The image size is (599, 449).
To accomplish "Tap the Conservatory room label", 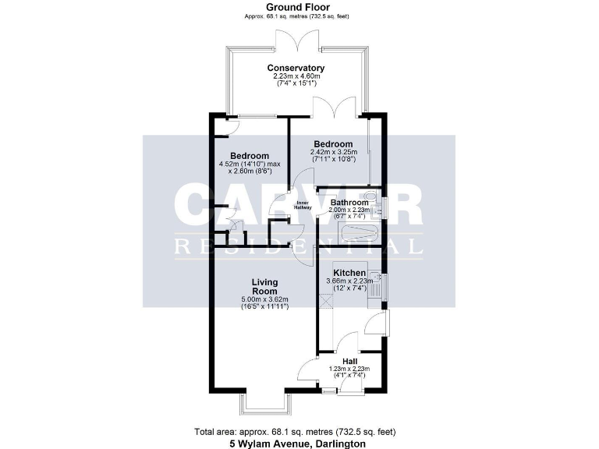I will (x=296, y=68).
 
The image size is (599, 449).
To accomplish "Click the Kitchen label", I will (x=349, y=274).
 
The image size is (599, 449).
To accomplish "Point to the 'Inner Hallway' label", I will (x=303, y=206).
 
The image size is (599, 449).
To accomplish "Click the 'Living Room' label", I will (x=264, y=285).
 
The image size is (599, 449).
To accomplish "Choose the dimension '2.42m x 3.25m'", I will (x=333, y=152).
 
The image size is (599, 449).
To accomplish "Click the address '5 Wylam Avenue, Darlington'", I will (x=299, y=443).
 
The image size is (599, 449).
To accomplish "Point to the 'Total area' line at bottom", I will (x=299, y=431).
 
